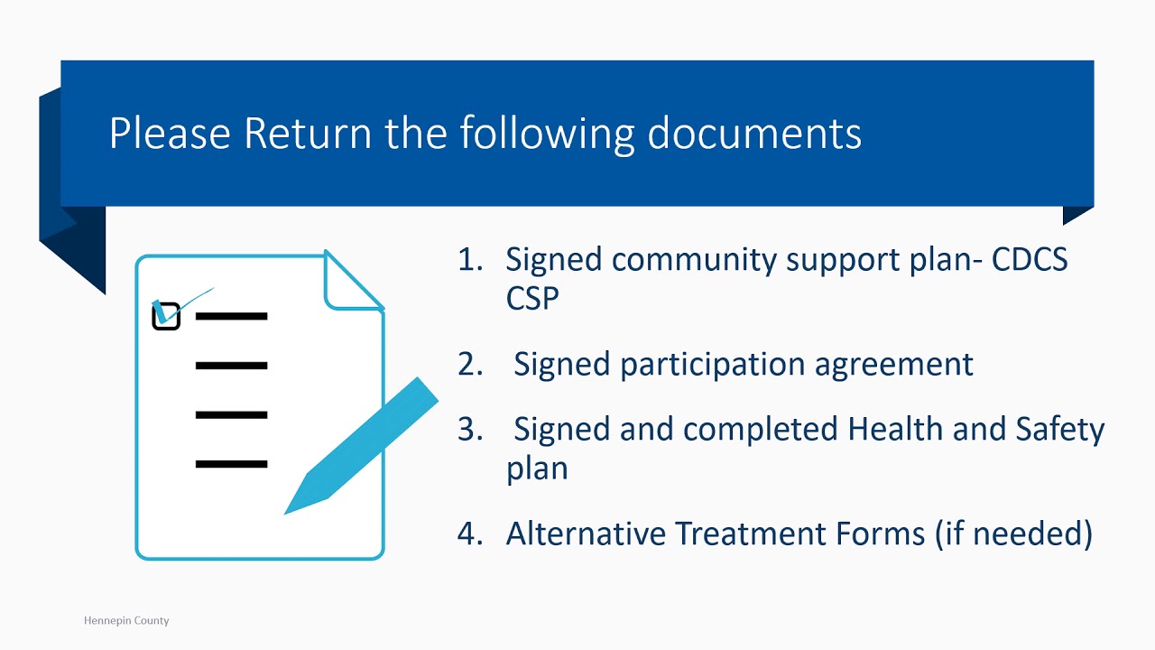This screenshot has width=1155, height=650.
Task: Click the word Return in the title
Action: pyautogui.click(x=308, y=133)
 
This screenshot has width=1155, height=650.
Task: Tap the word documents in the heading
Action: pyautogui.click(x=753, y=133)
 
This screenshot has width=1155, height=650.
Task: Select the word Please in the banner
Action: pyautogui.click(x=170, y=133)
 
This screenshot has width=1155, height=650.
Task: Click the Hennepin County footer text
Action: pyautogui.click(x=126, y=620)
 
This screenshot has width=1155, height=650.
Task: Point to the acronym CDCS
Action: pyautogui.click(x=1030, y=259)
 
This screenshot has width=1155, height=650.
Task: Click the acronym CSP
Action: pyautogui.click(x=532, y=298)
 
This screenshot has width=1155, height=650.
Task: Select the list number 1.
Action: pyautogui.click(x=470, y=259)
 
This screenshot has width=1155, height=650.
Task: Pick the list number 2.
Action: pyautogui.click(x=470, y=364)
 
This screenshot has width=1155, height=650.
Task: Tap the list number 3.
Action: pyautogui.click(x=470, y=429)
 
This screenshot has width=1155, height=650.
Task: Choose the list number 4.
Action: pyautogui.click(x=470, y=534)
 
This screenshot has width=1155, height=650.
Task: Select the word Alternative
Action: pyautogui.click(x=587, y=534)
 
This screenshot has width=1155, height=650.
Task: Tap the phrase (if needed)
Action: pyautogui.click(x=1014, y=534)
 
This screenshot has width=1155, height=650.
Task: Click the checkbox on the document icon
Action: pyautogui.click(x=166, y=316)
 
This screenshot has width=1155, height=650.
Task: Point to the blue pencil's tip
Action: pyautogui.click(x=285, y=514)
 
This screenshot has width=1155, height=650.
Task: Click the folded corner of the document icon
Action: pyautogui.click(x=351, y=283)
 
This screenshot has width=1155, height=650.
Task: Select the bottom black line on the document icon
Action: pyautogui.click(x=232, y=464)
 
